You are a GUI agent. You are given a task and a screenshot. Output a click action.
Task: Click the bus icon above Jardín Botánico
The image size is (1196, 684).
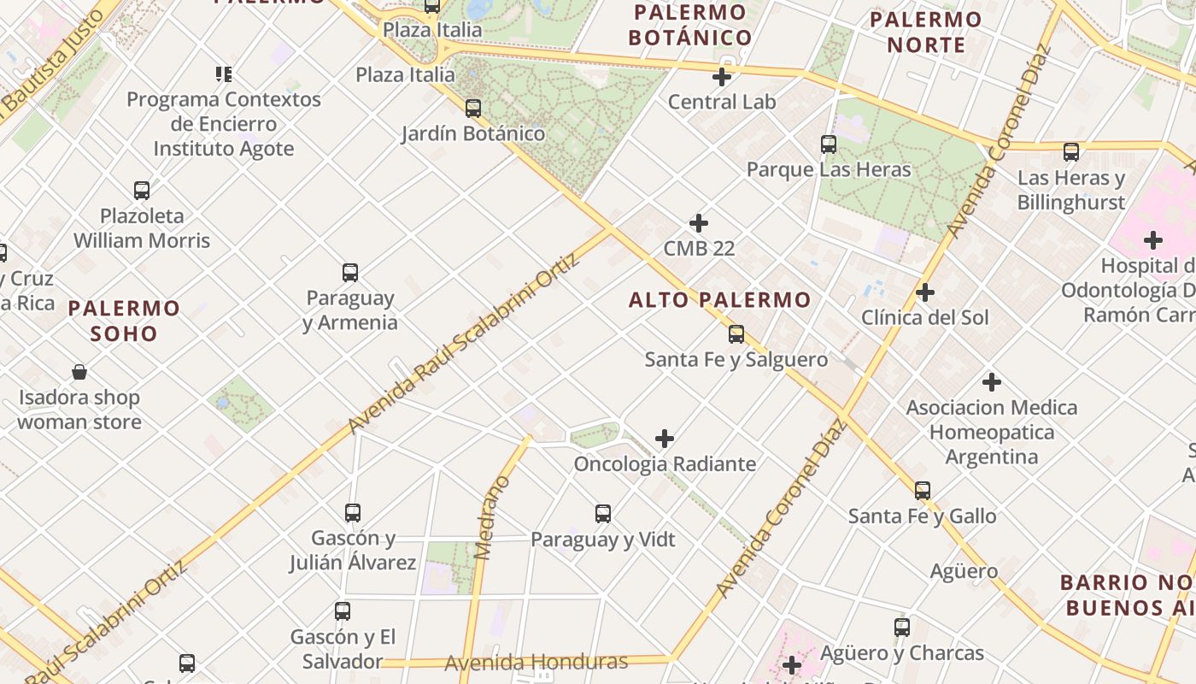[x=472, y=109]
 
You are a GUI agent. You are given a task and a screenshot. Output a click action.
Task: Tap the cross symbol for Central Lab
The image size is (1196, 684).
[x=722, y=77]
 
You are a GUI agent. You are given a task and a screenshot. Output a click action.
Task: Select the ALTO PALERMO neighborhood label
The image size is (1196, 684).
[x=719, y=300]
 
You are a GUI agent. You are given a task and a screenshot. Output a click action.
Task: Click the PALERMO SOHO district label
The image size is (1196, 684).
[x=124, y=321]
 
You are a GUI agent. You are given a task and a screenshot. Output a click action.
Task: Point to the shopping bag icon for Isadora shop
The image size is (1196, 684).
[x=79, y=372]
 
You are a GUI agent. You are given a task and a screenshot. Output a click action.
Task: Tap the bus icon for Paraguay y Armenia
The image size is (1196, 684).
[x=350, y=273]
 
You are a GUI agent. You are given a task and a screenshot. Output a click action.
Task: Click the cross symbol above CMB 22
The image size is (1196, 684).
[x=699, y=223]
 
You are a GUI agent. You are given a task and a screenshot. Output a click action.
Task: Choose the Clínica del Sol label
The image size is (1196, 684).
[x=924, y=318]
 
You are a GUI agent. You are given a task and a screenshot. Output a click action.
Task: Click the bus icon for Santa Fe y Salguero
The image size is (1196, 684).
[x=736, y=334]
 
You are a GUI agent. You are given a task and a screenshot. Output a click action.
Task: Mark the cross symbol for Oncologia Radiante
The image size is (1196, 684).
[x=665, y=439]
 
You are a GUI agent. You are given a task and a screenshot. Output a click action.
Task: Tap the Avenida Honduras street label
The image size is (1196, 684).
[x=536, y=662]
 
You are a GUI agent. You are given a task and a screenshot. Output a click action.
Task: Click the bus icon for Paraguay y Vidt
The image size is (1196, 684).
[x=603, y=514]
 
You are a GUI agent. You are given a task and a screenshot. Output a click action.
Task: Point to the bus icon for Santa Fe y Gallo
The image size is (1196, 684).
[x=923, y=491]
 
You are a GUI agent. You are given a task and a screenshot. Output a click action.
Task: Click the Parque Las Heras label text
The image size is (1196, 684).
[x=829, y=169]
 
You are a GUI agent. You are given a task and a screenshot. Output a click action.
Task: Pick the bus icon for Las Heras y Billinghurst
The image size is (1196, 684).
[x=1071, y=152]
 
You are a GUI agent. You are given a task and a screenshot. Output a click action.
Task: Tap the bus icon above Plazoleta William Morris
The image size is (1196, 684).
[x=142, y=190]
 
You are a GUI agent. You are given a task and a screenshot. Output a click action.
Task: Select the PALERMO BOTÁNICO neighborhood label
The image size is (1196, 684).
[x=690, y=25]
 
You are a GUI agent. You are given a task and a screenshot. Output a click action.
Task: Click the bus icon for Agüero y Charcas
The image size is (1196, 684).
[x=902, y=628]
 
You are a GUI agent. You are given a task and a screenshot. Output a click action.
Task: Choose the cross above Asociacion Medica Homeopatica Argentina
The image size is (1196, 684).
[x=992, y=381]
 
